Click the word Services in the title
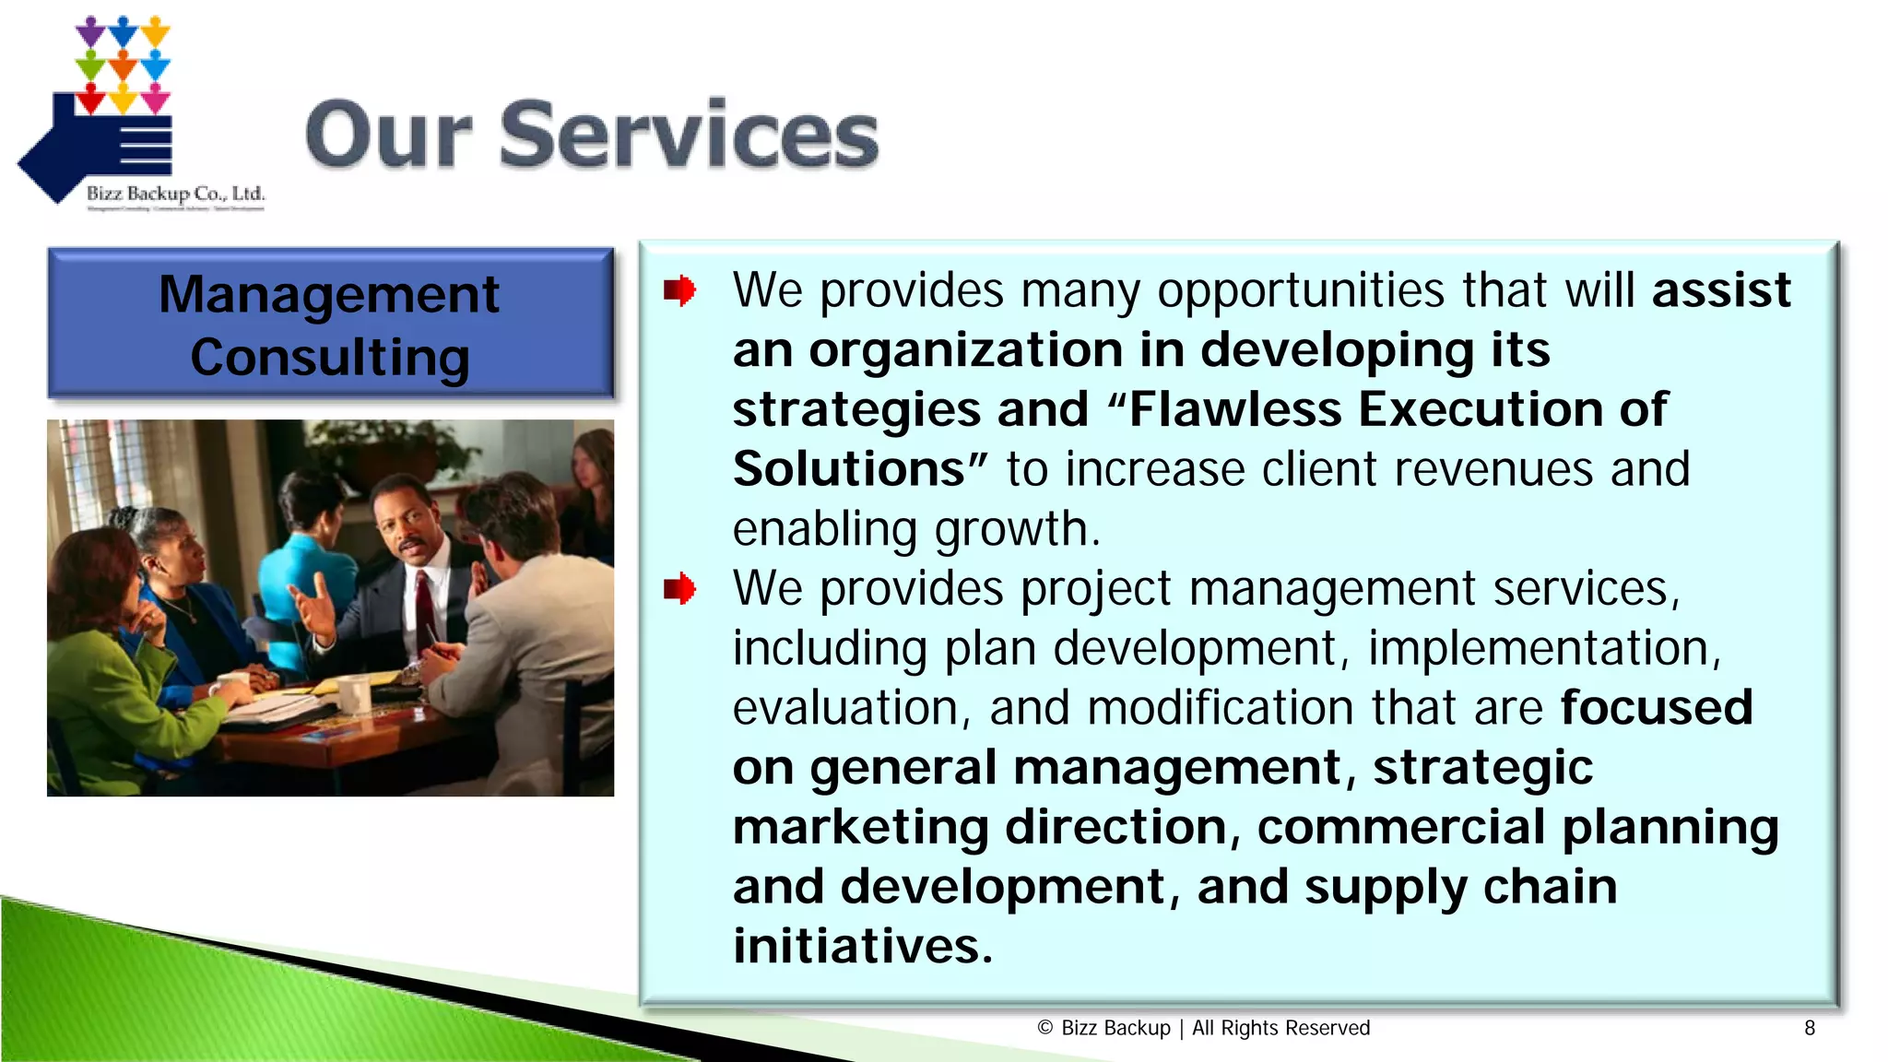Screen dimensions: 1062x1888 click(689, 136)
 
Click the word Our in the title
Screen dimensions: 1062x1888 click(389, 136)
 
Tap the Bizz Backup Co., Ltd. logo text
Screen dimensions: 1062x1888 click(175, 194)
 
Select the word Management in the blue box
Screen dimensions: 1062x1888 click(329, 295)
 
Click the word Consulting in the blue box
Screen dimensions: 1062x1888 click(329, 358)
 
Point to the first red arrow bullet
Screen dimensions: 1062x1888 click(679, 291)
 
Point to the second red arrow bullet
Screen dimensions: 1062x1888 click(679, 589)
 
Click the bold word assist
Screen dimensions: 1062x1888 click(1720, 290)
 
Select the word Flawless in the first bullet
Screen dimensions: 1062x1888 click(1235, 409)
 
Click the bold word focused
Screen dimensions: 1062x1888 click(1656, 708)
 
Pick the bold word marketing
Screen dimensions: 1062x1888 click(860, 827)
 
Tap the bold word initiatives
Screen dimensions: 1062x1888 click(862, 946)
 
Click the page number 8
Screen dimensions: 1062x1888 click(1810, 1028)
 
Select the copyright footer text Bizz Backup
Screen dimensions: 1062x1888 click(1115, 1028)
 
